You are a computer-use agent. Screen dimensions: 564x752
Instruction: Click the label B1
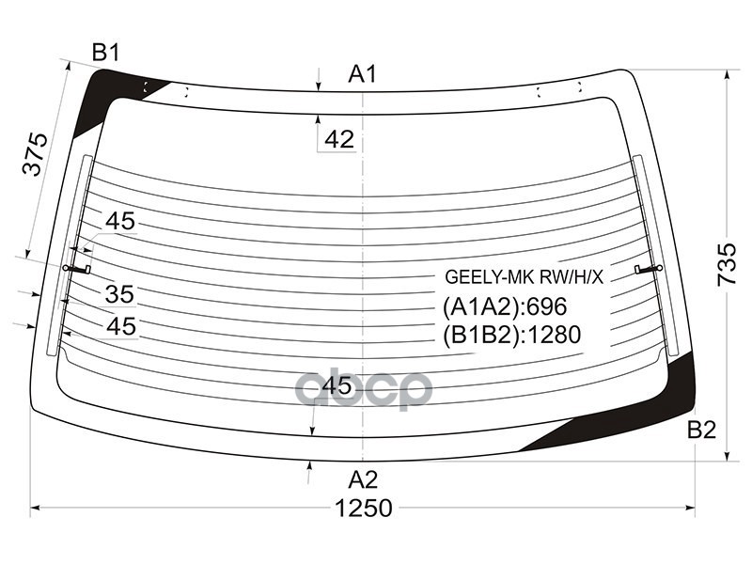106,54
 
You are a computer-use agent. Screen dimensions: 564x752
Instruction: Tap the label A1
363,73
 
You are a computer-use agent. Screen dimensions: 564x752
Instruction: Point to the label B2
701,431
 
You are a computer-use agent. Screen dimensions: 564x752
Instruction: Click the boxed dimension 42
338,139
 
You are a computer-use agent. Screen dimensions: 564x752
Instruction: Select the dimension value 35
119,295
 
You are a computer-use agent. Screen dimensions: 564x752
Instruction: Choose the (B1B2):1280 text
511,335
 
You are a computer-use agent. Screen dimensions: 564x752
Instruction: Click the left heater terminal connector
76,269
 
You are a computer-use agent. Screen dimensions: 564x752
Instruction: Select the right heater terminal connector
649,269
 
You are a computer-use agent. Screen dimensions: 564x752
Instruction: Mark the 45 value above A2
336,385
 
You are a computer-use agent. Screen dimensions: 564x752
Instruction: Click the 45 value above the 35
119,222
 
